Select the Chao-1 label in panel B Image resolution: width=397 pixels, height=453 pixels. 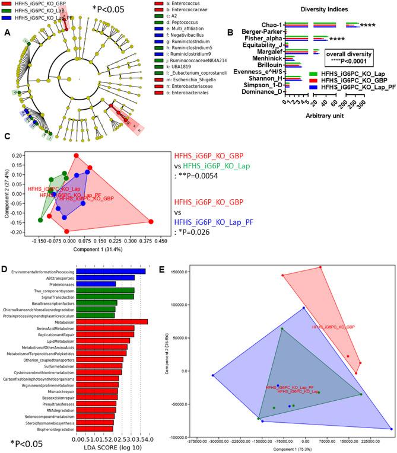pos(272,25)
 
